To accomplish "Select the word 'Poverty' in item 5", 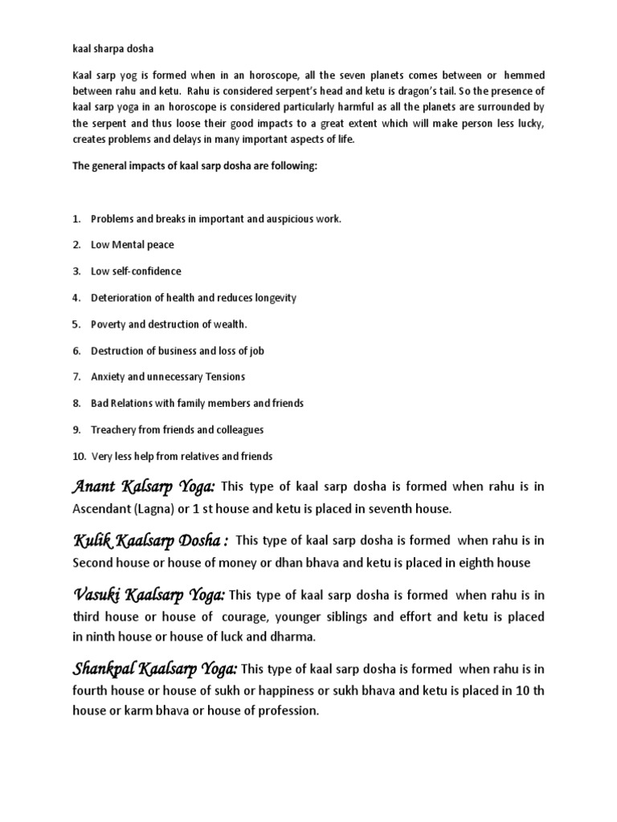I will [110, 324].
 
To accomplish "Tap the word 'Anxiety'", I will [110, 376].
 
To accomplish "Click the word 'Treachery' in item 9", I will [114, 429].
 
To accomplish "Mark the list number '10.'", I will [79, 456].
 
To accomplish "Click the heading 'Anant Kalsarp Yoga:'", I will [144, 486].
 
